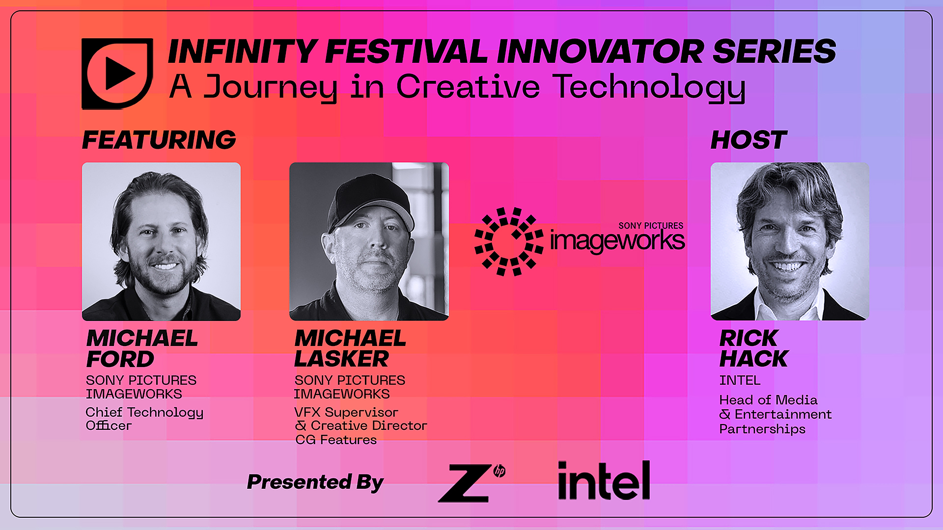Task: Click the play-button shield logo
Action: pyautogui.click(x=117, y=74)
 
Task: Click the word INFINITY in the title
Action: pyautogui.click(x=242, y=52)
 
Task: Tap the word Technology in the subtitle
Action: pyautogui.click(x=649, y=88)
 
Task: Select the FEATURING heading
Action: pyautogui.click(x=159, y=140)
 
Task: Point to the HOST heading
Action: pyautogui.click(x=749, y=140)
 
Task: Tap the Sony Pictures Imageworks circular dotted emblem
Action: pyautogui.click(x=509, y=241)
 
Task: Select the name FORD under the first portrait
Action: pyautogui.click(x=120, y=359)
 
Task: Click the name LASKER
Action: pyautogui.click(x=342, y=359)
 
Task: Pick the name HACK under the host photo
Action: pyautogui.click(x=753, y=359)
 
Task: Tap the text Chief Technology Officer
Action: pyautogui.click(x=144, y=419)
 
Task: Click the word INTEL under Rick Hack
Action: pyautogui.click(x=740, y=380)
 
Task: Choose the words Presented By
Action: pyautogui.click(x=315, y=482)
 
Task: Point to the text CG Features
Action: pyautogui.click(x=336, y=440)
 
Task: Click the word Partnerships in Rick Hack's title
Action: pyautogui.click(x=762, y=429)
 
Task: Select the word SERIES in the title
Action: pyautogui.click(x=774, y=52)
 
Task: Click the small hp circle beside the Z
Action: pyautogui.click(x=499, y=471)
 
